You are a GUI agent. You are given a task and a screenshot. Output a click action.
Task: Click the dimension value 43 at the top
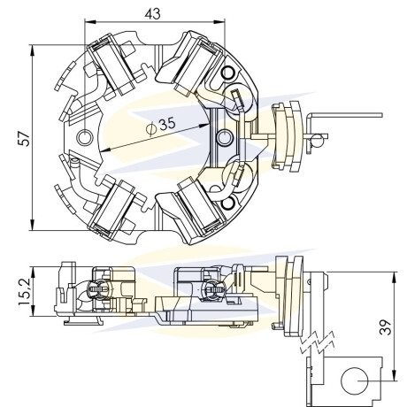(x=152, y=13)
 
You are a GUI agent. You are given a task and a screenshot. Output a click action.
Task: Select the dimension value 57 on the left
(x=24, y=138)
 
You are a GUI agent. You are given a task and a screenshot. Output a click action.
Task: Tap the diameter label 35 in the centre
(x=167, y=124)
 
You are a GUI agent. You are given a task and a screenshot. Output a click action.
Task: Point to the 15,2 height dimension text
(x=24, y=291)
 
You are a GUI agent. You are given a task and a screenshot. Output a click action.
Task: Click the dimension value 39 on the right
(x=386, y=326)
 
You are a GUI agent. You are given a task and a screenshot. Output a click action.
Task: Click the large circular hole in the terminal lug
(x=355, y=380)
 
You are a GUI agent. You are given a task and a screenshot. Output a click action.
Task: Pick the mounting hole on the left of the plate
(x=85, y=137)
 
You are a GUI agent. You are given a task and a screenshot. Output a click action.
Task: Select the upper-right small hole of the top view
(x=228, y=72)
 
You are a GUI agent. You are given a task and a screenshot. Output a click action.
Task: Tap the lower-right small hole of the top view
(x=228, y=203)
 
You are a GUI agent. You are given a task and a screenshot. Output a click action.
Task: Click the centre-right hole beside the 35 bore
(x=225, y=137)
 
